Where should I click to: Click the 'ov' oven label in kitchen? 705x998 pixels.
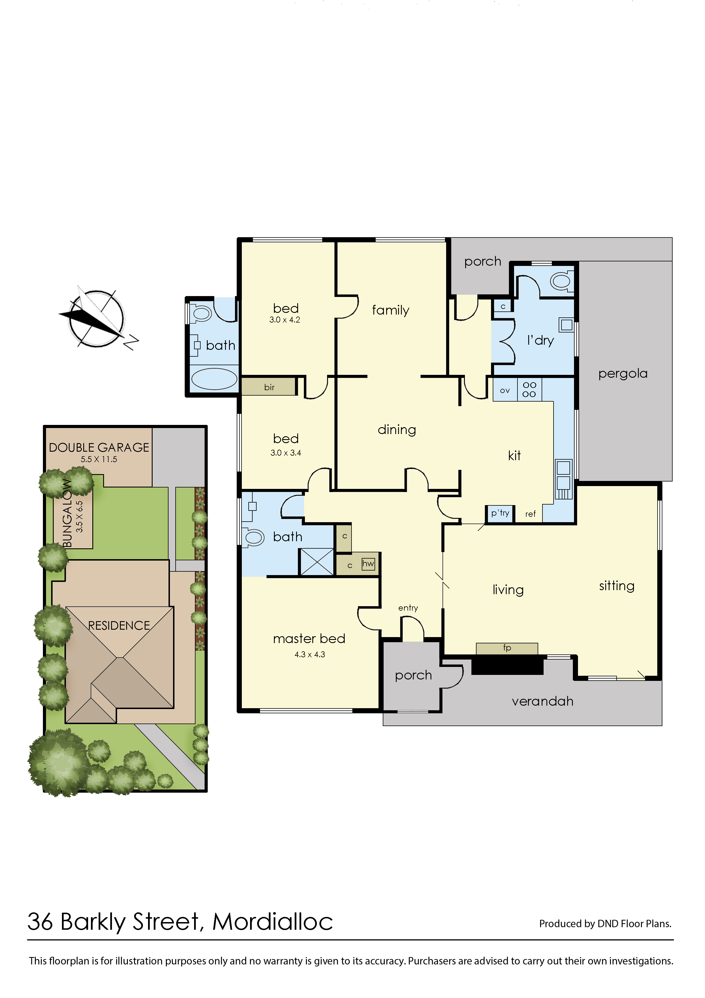click(504, 390)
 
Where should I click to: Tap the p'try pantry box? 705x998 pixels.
click(500, 513)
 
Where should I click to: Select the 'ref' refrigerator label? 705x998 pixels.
click(530, 514)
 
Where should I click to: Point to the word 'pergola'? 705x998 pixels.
click(623, 373)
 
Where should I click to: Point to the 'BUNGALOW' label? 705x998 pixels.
click(67, 513)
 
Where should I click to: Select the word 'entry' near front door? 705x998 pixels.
click(408, 608)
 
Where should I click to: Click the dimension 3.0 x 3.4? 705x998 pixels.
click(285, 452)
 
